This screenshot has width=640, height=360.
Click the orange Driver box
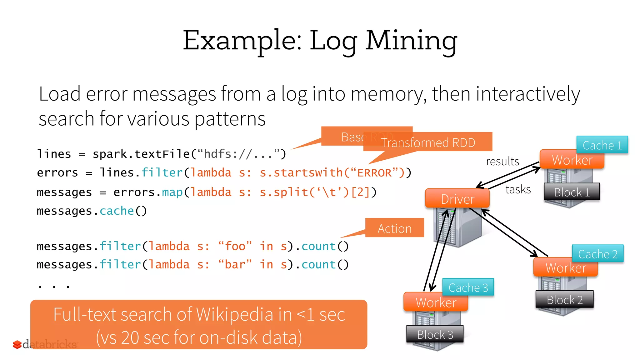coord(457,199)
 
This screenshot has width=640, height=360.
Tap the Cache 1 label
coord(602,145)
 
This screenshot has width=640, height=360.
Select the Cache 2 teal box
coord(597,254)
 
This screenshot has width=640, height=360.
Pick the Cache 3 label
coord(468,287)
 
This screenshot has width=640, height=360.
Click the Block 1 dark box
coord(572,192)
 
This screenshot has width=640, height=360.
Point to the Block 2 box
coord(564,299)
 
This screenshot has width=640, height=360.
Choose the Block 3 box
coord(435,334)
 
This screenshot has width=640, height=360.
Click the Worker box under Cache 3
coord(436,302)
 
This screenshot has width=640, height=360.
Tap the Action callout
coord(394,228)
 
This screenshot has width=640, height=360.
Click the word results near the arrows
coord(502,161)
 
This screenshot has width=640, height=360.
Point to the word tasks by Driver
coord(518,189)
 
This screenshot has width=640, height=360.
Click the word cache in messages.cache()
coord(117,211)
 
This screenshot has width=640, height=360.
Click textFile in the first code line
coord(162,154)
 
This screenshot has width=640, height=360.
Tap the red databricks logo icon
coord(17,344)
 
